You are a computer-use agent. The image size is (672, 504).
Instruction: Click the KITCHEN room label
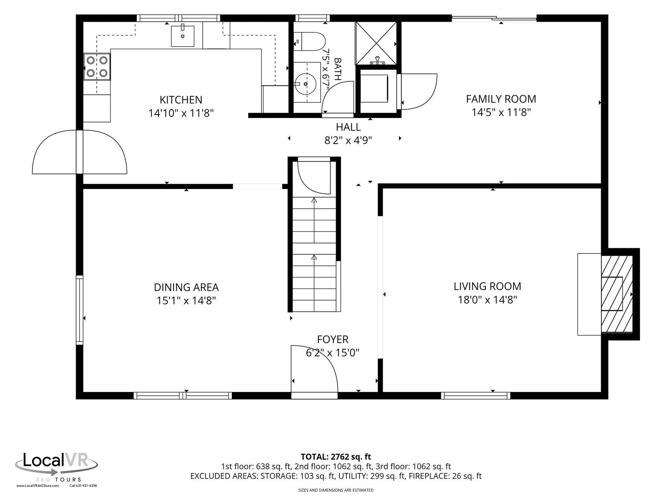point(181,100)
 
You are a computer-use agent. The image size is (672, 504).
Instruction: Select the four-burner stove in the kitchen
point(97,67)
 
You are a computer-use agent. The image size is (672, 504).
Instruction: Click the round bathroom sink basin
point(305,84)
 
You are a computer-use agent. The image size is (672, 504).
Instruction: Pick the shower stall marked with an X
point(376,43)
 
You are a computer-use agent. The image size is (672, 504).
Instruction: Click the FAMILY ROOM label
point(501,99)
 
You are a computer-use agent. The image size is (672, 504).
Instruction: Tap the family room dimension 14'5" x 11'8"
point(501,112)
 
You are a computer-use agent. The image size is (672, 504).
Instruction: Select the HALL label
point(348,127)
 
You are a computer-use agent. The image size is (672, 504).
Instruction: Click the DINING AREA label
point(186,287)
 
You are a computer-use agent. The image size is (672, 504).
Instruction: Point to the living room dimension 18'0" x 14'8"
point(487,300)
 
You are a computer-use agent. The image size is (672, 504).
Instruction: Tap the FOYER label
point(333,339)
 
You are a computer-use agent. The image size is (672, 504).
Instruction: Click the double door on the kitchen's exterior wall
point(80,152)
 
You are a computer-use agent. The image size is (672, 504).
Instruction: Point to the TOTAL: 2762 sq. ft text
point(336,456)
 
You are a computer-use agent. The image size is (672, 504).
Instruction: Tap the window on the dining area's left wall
point(80,309)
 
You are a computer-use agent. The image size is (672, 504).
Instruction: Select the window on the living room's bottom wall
point(476,395)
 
